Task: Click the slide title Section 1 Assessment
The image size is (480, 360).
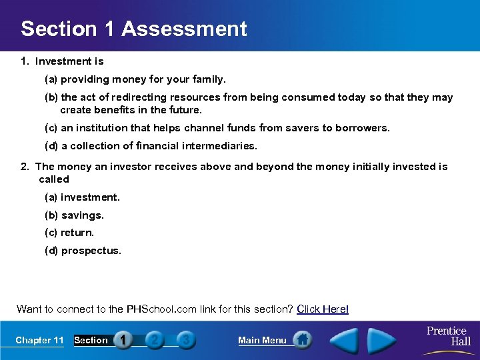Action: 133,29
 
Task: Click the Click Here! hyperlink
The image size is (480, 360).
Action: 323,309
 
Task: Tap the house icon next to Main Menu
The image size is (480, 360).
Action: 303,340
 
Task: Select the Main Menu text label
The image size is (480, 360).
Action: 262,340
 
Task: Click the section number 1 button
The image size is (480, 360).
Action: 123,340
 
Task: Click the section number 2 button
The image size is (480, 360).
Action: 154,340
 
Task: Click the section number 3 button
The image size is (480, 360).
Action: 185,340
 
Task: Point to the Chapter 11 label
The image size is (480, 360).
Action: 39,340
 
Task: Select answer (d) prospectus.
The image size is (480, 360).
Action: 83,251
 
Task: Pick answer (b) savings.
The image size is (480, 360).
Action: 74,215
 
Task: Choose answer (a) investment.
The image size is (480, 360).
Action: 82,197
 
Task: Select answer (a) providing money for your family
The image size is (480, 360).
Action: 135,79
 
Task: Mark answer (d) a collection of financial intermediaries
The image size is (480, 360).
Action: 150,145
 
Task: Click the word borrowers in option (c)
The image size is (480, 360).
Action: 365,127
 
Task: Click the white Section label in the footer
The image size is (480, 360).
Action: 91,340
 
